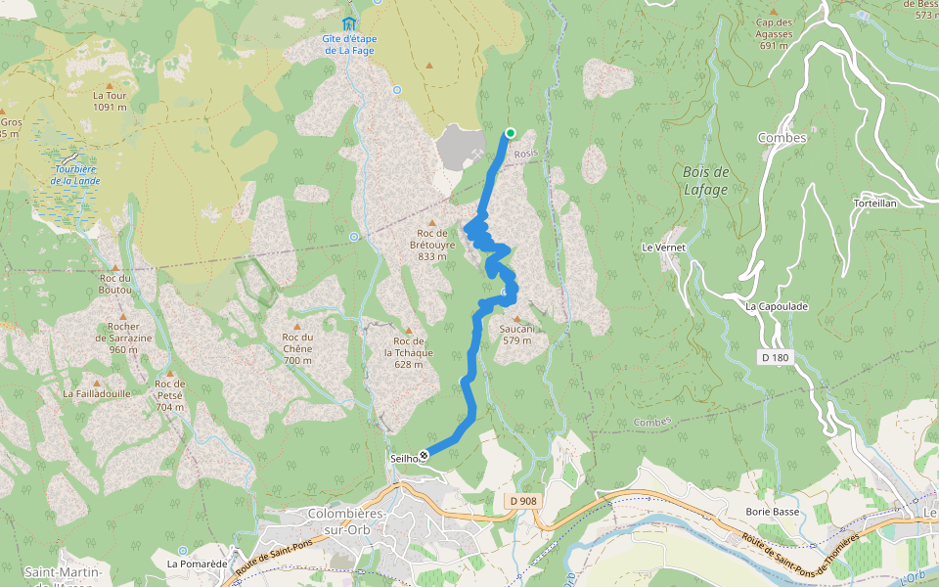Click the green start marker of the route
(510, 134)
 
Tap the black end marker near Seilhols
(424, 455)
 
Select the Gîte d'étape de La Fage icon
(349, 23)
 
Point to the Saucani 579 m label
(516, 335)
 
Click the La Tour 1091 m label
(111, 101)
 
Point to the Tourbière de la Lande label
(75, 175)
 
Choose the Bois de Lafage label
(705, 181)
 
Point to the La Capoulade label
(777, 306)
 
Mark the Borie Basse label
(772, 512)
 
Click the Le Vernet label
(664, 248)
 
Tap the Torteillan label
(874, 203)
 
